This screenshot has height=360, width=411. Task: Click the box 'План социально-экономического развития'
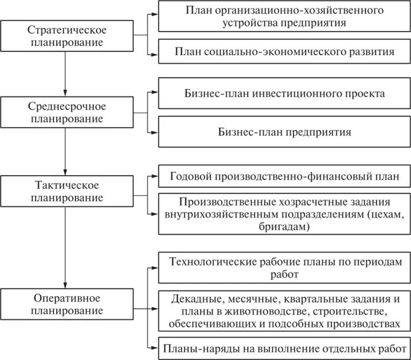tap(285, 51)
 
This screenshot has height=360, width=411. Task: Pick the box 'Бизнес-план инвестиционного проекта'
tap(285, 93)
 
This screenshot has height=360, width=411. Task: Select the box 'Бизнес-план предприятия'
tap(285, 131)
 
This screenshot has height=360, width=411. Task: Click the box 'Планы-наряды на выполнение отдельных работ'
tap(285, 347)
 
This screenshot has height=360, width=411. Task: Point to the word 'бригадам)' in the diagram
tap(285, 227)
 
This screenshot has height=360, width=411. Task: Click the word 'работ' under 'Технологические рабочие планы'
tap(284, 274)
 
